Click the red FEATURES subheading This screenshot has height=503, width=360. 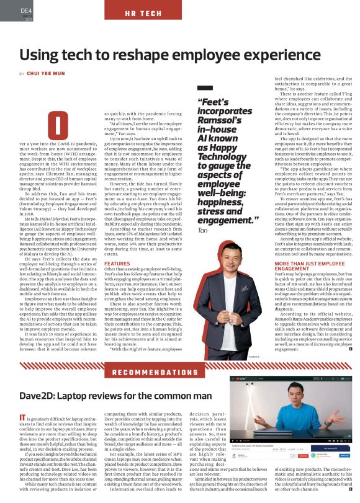click(117, 263)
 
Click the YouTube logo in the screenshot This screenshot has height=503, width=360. click(237, 379)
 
